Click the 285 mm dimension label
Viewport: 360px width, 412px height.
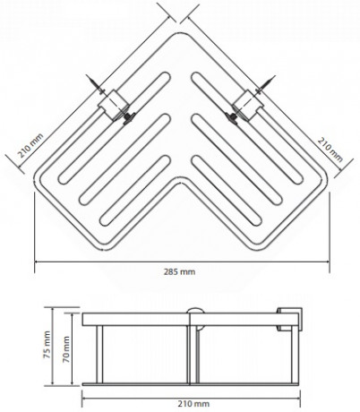179,271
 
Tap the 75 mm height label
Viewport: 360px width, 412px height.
47,345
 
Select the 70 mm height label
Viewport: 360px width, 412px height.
66,349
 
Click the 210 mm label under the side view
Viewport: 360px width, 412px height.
193,404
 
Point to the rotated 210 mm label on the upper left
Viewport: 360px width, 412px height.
30,146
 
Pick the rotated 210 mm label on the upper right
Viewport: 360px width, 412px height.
330,149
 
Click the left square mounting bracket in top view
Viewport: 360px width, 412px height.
114,105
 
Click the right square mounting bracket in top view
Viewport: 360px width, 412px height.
248,105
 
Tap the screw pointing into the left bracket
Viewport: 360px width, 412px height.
96,84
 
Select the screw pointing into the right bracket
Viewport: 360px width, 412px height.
265,85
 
